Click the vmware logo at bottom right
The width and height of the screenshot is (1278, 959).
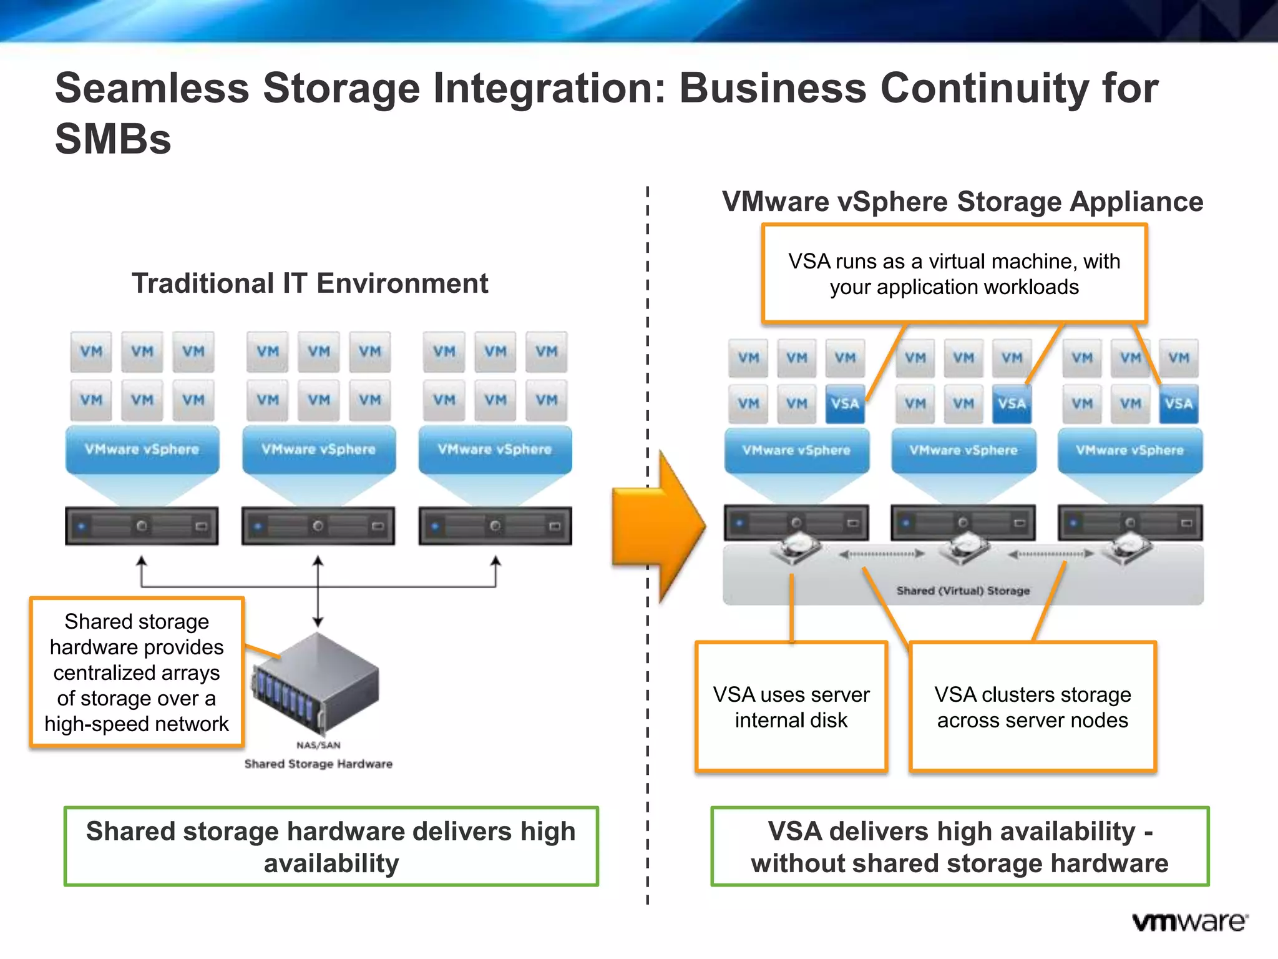1189,922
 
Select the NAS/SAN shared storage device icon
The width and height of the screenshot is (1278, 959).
317,683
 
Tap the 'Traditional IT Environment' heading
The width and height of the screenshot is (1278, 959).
310,283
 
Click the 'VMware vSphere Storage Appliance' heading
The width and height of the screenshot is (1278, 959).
962,202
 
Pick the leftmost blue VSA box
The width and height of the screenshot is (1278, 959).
845,404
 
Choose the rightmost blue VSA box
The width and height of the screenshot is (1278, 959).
1178,404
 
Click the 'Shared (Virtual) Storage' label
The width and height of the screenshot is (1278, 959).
962,591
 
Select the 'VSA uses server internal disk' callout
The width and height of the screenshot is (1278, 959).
791,707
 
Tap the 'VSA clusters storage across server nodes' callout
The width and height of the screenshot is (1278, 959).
1032,707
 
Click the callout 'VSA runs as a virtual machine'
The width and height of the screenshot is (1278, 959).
954,273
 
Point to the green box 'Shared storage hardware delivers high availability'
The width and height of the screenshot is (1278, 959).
331,847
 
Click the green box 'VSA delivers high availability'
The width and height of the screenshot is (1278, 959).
960,847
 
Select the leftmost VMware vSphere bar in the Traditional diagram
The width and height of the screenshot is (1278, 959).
142,450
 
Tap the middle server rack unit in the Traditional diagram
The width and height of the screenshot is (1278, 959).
318,526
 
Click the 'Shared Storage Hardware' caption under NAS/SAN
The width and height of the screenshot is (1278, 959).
318,764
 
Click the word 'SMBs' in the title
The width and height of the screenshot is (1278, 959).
113,139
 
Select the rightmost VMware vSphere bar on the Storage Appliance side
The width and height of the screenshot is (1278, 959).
1129,450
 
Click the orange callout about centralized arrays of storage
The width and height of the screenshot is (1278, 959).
137,672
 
